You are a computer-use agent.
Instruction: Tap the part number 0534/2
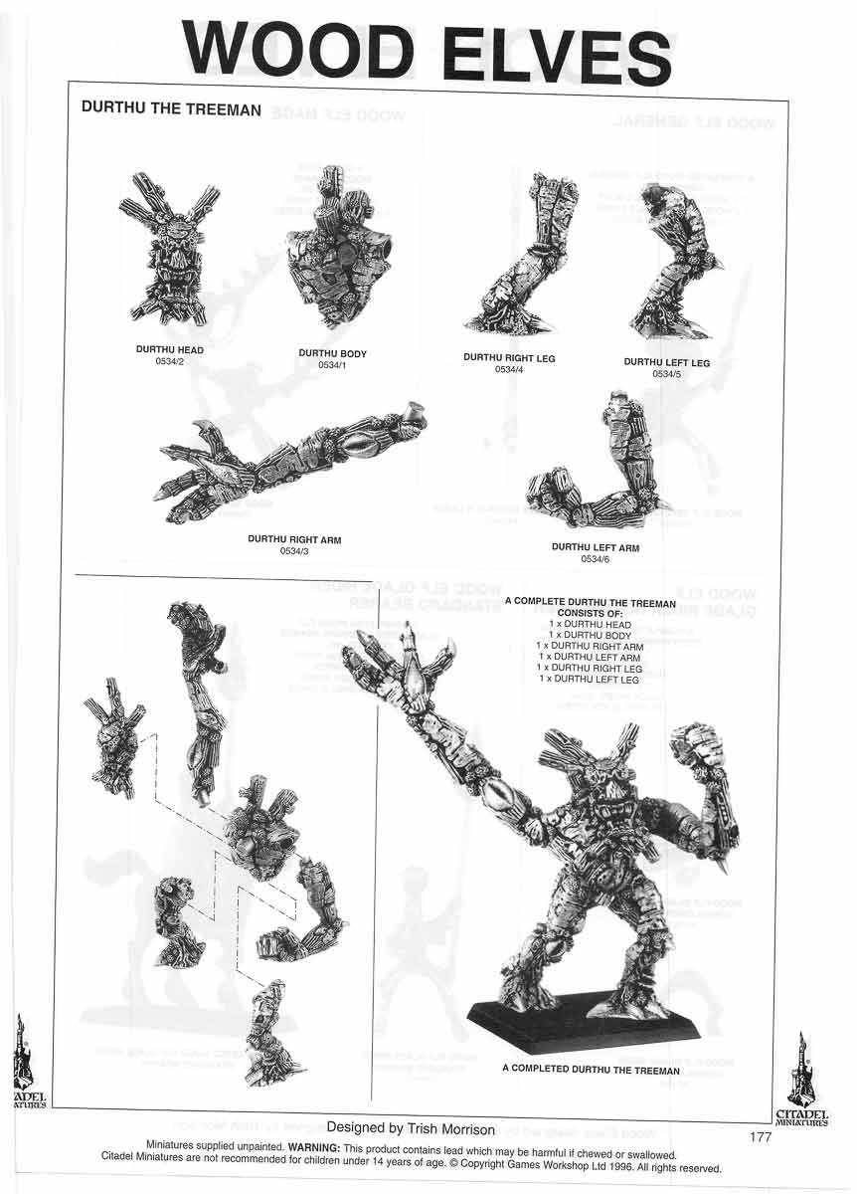[x=169, y=362]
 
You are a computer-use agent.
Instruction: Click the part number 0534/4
[x=508, y=369]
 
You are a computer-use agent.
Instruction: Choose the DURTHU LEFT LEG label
[x=666, y=363]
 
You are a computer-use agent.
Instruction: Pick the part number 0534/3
[x=294, y=550]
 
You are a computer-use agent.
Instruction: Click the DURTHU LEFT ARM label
[x=595, y=548]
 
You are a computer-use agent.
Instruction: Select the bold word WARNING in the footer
[x=313, y=1146]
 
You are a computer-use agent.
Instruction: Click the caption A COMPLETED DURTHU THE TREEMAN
[x=591, y=1072]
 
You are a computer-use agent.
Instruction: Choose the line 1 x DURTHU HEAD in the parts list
[x=591, y=624]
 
